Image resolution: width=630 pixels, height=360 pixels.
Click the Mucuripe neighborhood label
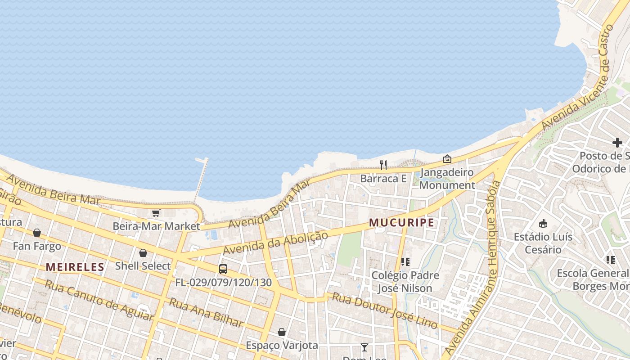click(402, 223)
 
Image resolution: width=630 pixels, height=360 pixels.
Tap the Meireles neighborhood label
click(75, 267)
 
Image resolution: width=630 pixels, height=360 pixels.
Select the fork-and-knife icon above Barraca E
click(383, 165)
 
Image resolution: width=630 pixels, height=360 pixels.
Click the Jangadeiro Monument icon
click(447, 159)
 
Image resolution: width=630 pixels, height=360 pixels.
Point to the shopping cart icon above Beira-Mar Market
click(156, 213)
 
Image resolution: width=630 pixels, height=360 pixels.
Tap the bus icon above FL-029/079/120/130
click(223, 269)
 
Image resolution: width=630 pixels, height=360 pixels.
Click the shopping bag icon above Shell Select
click(143, 253)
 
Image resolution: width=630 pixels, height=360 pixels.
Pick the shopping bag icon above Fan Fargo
click(37, 233)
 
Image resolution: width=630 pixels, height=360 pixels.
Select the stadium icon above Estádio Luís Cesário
click(543, 223)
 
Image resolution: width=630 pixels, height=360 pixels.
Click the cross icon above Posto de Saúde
click(617, 143)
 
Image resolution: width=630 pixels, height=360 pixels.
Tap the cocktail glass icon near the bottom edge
click(364, 347)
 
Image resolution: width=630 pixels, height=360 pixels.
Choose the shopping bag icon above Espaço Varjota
click(282, 332)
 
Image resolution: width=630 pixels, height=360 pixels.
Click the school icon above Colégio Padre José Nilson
click(405, 261)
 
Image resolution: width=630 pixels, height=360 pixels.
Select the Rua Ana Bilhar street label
click(206, 312)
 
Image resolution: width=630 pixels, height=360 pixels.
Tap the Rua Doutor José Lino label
click(385, 311)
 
